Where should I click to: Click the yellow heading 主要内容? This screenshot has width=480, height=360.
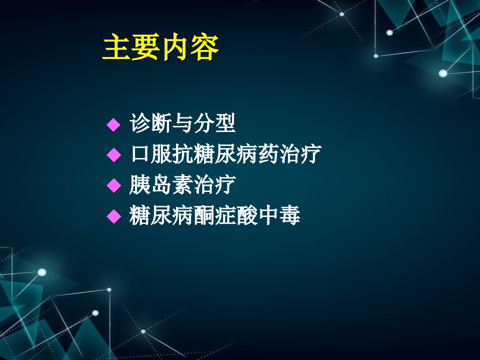coord(160,47)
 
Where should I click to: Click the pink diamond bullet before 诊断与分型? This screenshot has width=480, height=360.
coord(113,124)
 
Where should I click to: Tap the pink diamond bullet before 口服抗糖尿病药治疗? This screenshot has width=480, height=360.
coord(113,155)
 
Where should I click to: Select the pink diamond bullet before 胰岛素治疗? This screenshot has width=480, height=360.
coord(113,185)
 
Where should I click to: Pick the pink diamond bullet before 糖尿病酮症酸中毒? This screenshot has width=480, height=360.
coord(113,216)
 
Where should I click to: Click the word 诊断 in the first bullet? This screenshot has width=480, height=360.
coord(150,123)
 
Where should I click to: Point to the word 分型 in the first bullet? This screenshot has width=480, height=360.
coord(214,123)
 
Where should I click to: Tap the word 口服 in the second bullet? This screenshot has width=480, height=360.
coord(151,153)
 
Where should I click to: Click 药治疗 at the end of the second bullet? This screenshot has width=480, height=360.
coord(289,153)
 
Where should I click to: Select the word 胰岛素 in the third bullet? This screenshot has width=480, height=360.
coord(161,184)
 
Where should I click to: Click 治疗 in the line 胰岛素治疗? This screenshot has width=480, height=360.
coord(214,184)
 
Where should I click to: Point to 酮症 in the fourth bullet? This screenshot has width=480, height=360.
coord(214,215)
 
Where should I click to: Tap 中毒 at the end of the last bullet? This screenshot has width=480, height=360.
coord(279,215)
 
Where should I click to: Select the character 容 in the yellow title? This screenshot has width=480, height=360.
coord(205,47)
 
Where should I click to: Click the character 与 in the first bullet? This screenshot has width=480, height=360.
coord(182,123)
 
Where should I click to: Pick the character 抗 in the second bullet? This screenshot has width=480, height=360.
coord(183,153)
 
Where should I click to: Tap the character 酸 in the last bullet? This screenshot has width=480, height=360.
coord(246,215)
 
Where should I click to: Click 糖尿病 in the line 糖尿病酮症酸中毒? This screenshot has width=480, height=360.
coord(161,215)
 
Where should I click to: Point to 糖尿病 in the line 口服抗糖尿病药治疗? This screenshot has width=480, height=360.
coord(225,153)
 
